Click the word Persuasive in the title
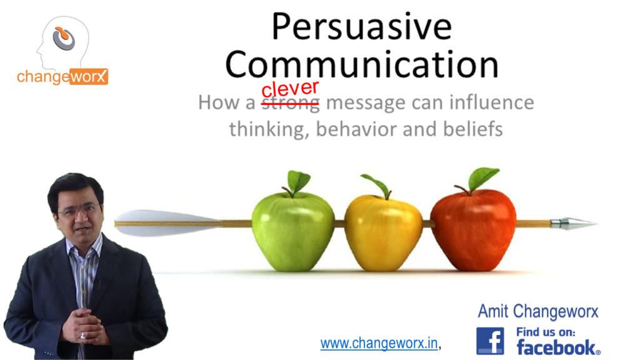tap(361, 28)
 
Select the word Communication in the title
tap(362, 64)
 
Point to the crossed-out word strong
tap(290, 103)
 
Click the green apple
tap(292, 230)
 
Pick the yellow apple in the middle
tap(383, 231)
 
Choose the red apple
tap(473, 229)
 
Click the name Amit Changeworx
tap(538, 311)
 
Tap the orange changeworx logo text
tap(62, 77)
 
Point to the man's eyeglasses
tap(78, 210)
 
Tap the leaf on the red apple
tap(482, 177)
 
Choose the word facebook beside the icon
tap(557, 347)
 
